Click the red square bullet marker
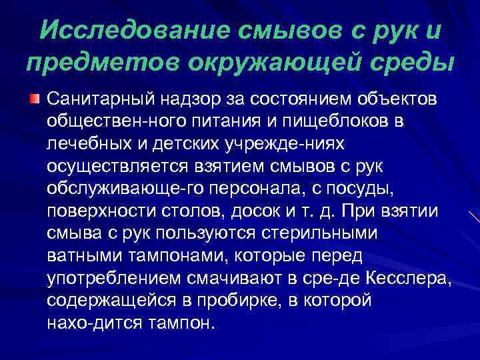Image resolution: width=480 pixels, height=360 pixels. click(33, 99)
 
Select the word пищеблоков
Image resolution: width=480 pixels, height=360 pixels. click(349, 122)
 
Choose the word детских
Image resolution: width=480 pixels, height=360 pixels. click(183, 145)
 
